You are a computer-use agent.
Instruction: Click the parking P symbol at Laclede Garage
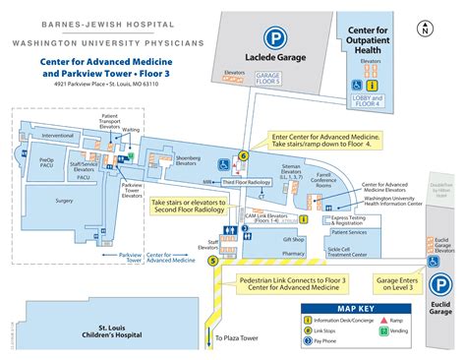tap(280, 42)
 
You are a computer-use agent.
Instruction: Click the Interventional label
tap(58, 136)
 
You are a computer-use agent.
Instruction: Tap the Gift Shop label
tap(293, 239)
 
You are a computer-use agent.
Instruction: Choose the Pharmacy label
tap(293, 253)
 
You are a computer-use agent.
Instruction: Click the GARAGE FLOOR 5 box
tap(267, 78)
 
